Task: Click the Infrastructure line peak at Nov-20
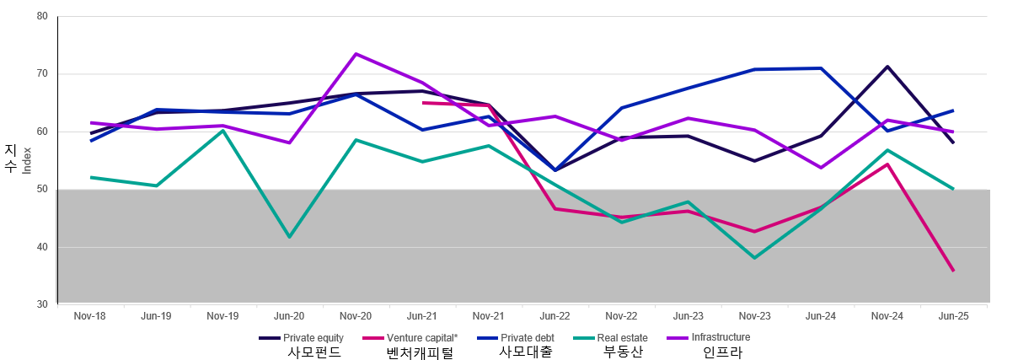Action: click(x=356, y=54)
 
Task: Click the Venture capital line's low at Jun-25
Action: click(x=954, y=271)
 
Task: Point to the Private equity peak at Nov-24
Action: click(x=887, y=67)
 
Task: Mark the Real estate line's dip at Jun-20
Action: click(x=290, y=237)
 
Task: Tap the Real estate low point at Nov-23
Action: click(x=754, y=258)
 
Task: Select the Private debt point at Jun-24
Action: click(x=821, y=68)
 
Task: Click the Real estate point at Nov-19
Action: click(x=222, y=130)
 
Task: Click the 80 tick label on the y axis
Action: click(x=42, y=16)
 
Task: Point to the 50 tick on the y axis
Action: click(x=42, y=190)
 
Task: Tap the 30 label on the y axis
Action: click(x=42, y=304)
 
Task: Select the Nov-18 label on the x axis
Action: click(x=90, y=316)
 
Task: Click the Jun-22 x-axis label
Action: click(x=555, y=316)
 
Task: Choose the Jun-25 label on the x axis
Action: click(x=953, y=316)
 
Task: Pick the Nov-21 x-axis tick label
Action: click(x=488, y=316)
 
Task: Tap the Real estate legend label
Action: click(x=622, y=338)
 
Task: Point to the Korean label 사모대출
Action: click(x=526, y=352)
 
